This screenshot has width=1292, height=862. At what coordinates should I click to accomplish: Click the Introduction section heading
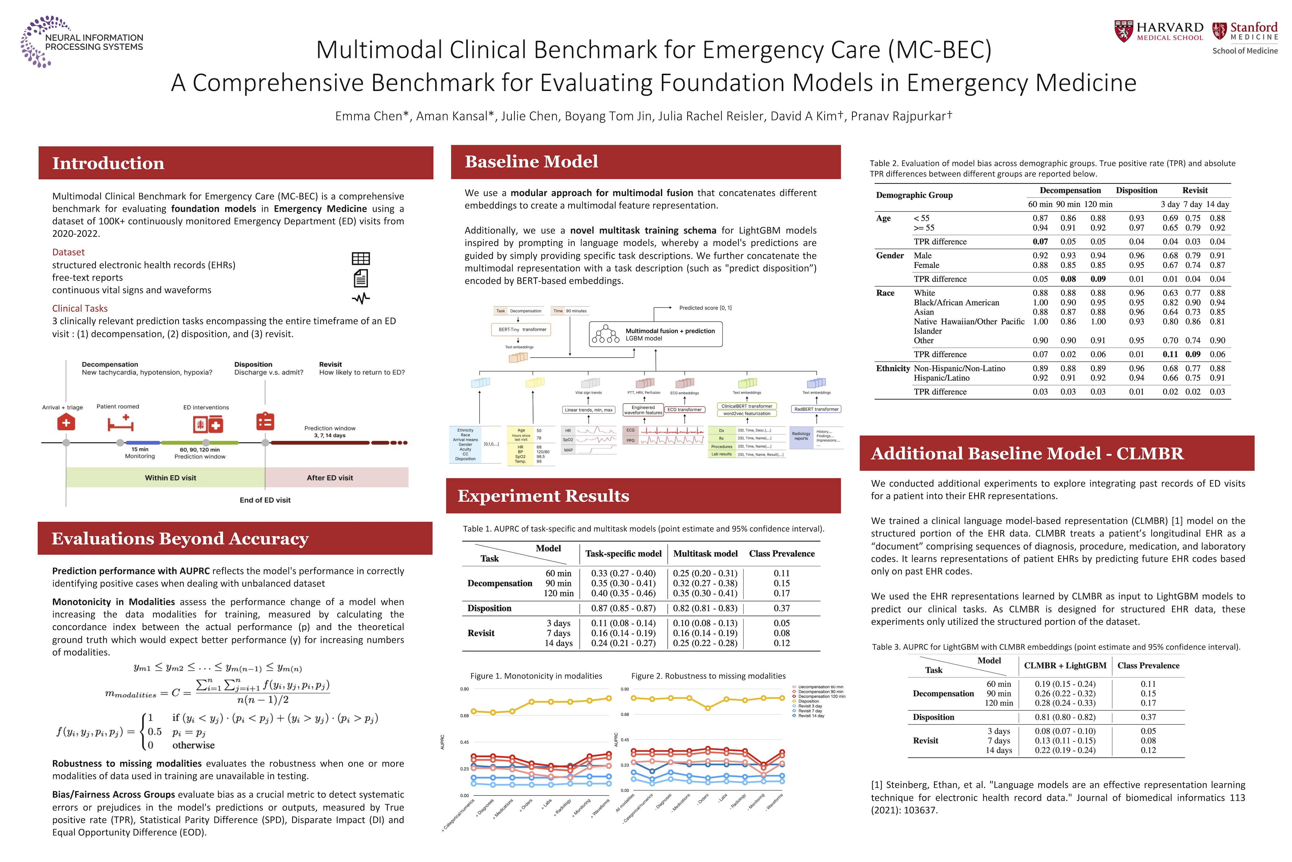tap(108, 163)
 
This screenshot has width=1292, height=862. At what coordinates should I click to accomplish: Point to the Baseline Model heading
tap(531, 162)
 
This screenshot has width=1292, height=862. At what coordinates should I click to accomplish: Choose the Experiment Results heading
tap(543, 496)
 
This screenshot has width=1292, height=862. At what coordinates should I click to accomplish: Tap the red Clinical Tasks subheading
tap(80, 308)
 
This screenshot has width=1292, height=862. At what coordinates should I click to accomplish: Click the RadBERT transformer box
tap(816, 409)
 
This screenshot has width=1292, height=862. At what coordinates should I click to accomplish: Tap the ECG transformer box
tap(685, 409)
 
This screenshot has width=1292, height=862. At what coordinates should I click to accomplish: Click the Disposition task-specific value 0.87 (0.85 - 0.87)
tap(623, 608)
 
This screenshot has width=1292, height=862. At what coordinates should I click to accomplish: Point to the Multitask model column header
tap(705, 554)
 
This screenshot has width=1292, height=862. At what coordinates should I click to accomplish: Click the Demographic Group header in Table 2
tap(914, 195)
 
